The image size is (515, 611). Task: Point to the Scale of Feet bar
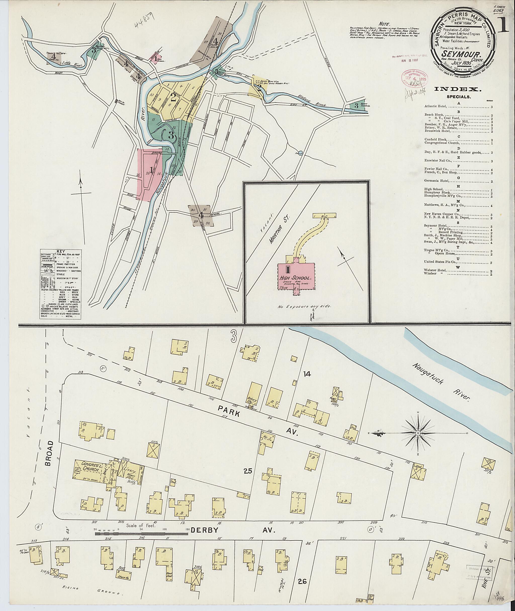click(141, 534)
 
